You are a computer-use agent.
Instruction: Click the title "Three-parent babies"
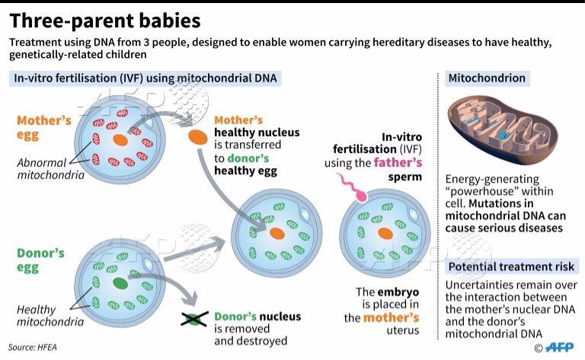pos(105,21)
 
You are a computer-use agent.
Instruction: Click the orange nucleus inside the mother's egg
pos(120,140)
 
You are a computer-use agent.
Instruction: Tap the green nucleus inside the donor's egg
pos(120,283)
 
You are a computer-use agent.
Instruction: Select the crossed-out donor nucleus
pos(194,319)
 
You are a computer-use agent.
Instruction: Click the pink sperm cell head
pos(361,196)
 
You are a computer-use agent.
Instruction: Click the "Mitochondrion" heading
pos(487,78)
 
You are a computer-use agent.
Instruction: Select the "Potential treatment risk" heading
pos(511,266)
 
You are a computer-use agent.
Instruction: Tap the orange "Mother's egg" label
pos(44,127)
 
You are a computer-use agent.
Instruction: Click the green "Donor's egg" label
pos(40,260)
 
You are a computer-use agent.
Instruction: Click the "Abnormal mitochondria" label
pos(51,168)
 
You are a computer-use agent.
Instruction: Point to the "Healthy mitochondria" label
pos(50,315)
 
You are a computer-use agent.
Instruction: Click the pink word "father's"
pos(398,163)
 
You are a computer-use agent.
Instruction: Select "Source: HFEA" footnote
pos(33,347)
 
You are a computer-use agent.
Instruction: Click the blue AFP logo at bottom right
pos(559,347)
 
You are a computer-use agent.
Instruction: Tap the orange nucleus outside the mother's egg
pos(198,137)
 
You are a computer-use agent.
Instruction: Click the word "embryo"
pos(398,292)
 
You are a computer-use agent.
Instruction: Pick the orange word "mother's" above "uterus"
pos(391,317)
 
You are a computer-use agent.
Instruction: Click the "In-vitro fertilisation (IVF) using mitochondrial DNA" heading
pos(145,78)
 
